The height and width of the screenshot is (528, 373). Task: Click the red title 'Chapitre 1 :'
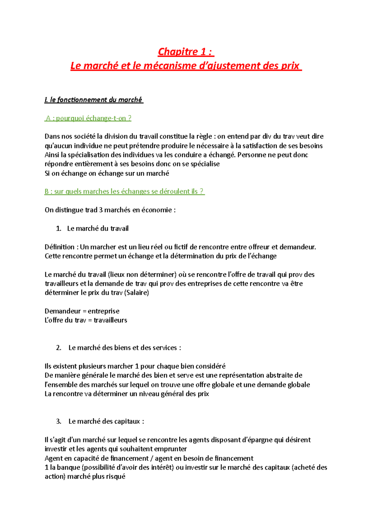point(186,52)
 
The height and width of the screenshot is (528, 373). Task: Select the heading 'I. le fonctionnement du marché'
point(94,100)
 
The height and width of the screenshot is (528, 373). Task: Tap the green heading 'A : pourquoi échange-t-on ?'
point(88,118)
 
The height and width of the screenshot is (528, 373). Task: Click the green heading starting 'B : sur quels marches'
point(124,192)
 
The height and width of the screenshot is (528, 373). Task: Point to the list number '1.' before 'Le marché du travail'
point(59,229)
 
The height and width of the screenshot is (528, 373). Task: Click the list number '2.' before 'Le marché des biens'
point(59,348)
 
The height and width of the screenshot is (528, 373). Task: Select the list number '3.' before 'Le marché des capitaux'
point(59,421)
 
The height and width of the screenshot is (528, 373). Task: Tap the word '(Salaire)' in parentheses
point(136,293)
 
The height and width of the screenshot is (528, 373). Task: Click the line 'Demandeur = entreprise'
point(82,311)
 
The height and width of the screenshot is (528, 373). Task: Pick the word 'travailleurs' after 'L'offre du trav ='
point(110,320)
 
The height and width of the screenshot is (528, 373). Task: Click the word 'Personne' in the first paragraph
point(250,155)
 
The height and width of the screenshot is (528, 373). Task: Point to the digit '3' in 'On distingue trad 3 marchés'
point(101,210)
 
